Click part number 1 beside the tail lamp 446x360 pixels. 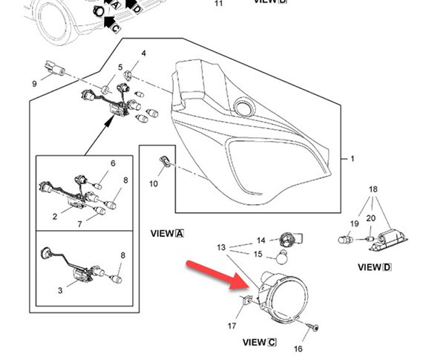(x=352, y=159)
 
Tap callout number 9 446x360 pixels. (x=34, y=84)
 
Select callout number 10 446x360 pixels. (x=154, y=183)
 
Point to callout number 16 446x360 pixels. (x=299, y=348)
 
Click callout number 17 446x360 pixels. (x=232, y=325)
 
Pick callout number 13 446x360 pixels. (x=221, y=246)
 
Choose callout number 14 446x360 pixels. (x=260, y=240)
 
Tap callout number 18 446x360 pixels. (x=374, y=190)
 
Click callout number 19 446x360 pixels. (x=353, y=223)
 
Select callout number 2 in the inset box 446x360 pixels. (x=55, y=217)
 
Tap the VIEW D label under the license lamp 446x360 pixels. (x=374, y=266)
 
